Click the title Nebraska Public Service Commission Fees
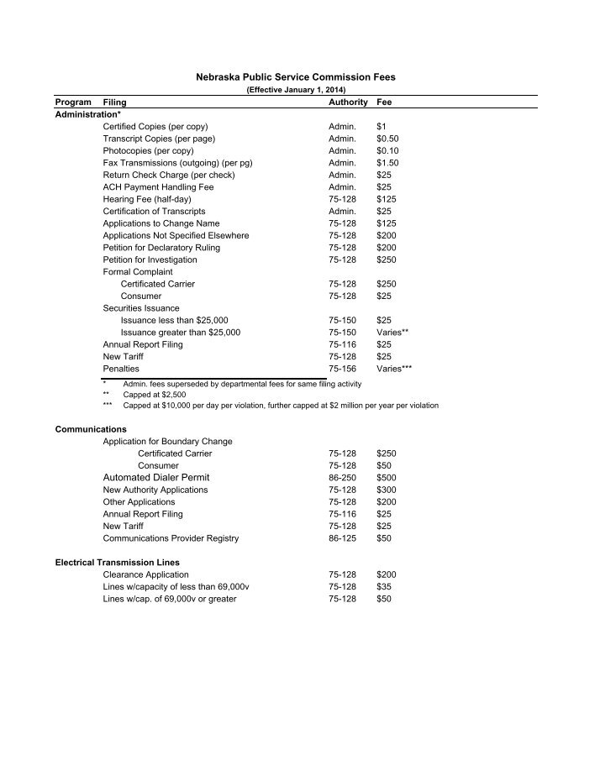pos(295,77)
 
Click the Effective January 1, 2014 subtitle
pos(295,89)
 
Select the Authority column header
pos(348,102)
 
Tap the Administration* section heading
pos(88,113)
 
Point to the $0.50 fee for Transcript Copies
pos(387,138)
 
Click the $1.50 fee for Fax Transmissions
pos(387,162)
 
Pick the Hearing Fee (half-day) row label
pos(147,199)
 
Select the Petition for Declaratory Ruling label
pos(162,248)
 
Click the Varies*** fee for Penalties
pos(394,369)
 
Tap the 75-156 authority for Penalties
pos(343,369)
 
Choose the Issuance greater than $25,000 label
pos(181,333)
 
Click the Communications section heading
pos(91,429)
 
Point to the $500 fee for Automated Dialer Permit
pos(387,477)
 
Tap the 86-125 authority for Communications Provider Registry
pos(343,538)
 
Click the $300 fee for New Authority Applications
pos(387,490)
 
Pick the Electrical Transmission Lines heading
pos(117,562)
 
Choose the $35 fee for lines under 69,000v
pos(384,586)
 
